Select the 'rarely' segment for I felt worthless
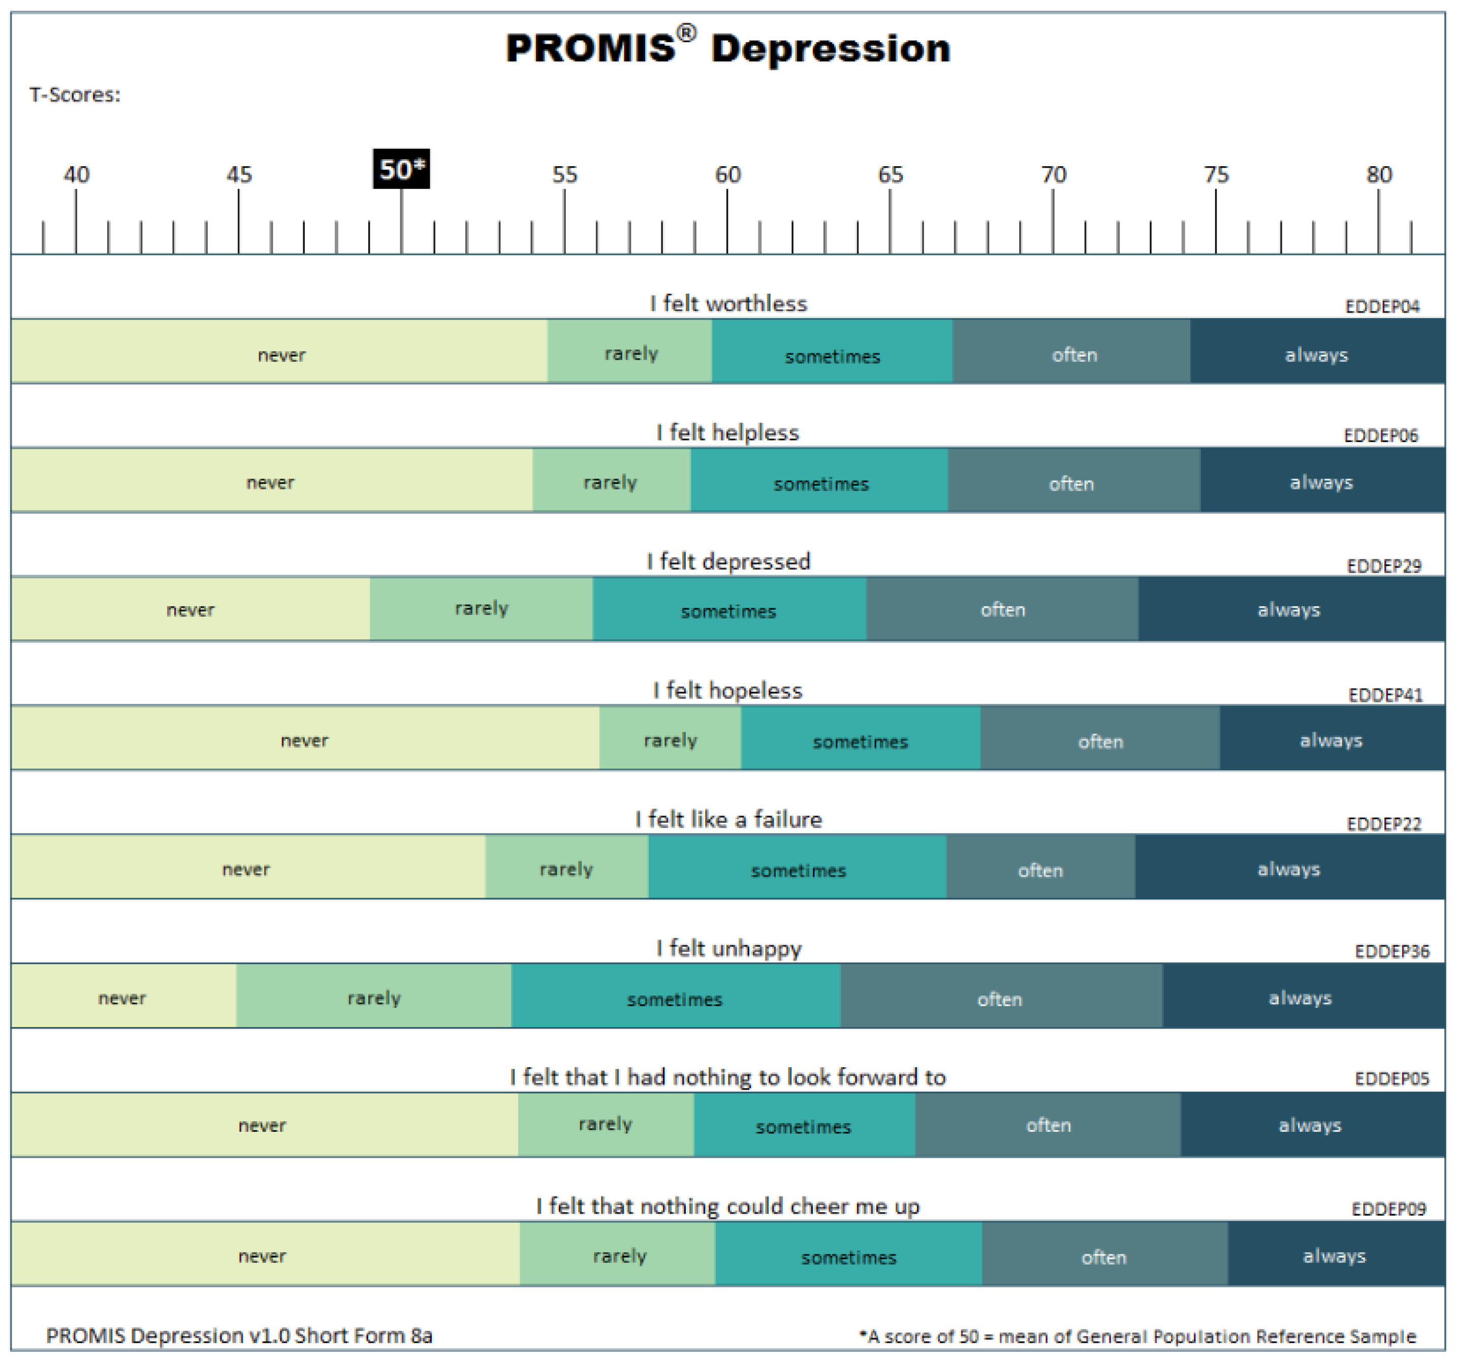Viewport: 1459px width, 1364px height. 630,351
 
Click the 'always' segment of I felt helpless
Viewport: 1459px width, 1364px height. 1322,480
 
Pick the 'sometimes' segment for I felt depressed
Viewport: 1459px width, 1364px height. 729,609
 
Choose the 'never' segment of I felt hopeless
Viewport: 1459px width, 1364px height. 305,738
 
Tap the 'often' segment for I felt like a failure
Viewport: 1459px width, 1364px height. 1041,867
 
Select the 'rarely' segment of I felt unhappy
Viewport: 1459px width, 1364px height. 373,996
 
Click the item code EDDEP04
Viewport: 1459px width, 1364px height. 1382,306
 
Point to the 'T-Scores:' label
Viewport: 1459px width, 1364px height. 75,95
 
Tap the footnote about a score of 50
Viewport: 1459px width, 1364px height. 1137,1336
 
